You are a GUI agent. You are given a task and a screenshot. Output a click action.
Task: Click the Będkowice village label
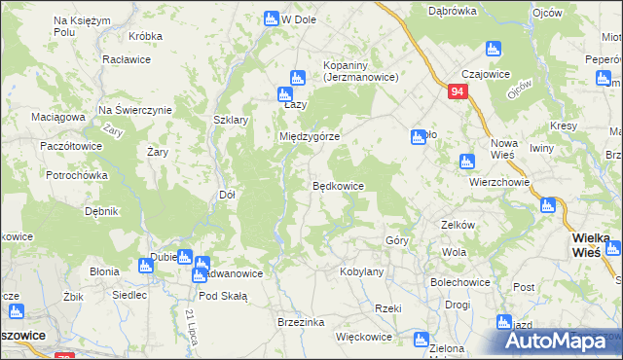[338, 185]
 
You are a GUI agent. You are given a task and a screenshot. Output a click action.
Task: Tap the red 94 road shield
[459, 91]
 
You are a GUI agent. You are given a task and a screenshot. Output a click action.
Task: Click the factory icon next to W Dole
[272, 18]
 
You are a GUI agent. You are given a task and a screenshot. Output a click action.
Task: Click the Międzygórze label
[310, 137]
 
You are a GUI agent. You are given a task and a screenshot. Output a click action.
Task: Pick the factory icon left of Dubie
[147, 264]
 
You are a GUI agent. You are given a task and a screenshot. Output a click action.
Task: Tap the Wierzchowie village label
[498, 181]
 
